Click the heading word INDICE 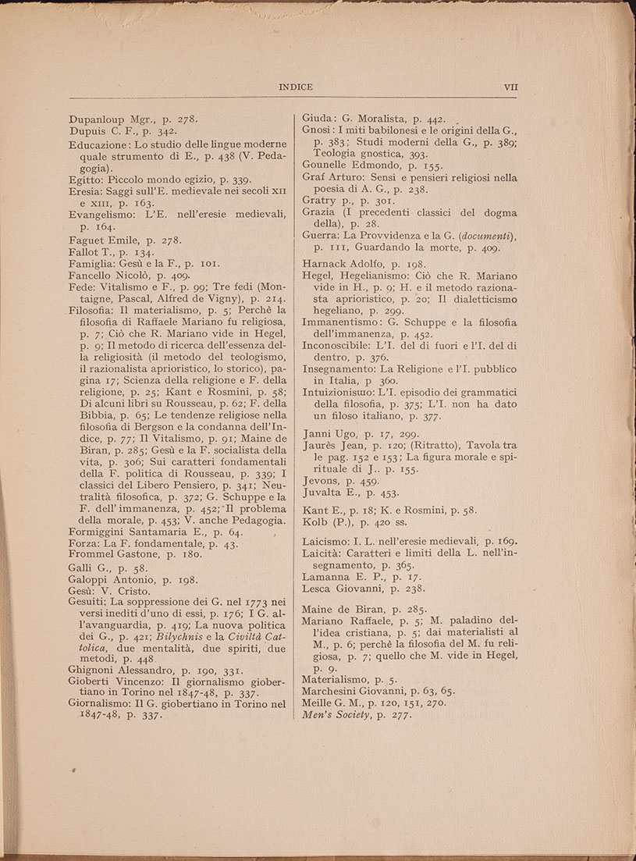(295, 87)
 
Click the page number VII (512, 87)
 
